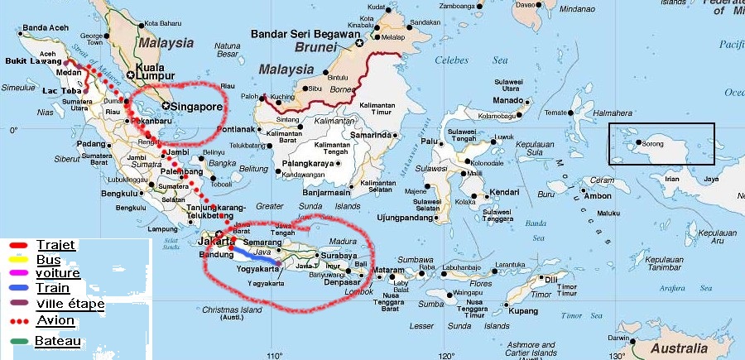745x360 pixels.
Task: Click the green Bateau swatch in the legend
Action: (18, 341)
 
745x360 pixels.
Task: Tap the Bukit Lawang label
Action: (33, 61)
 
